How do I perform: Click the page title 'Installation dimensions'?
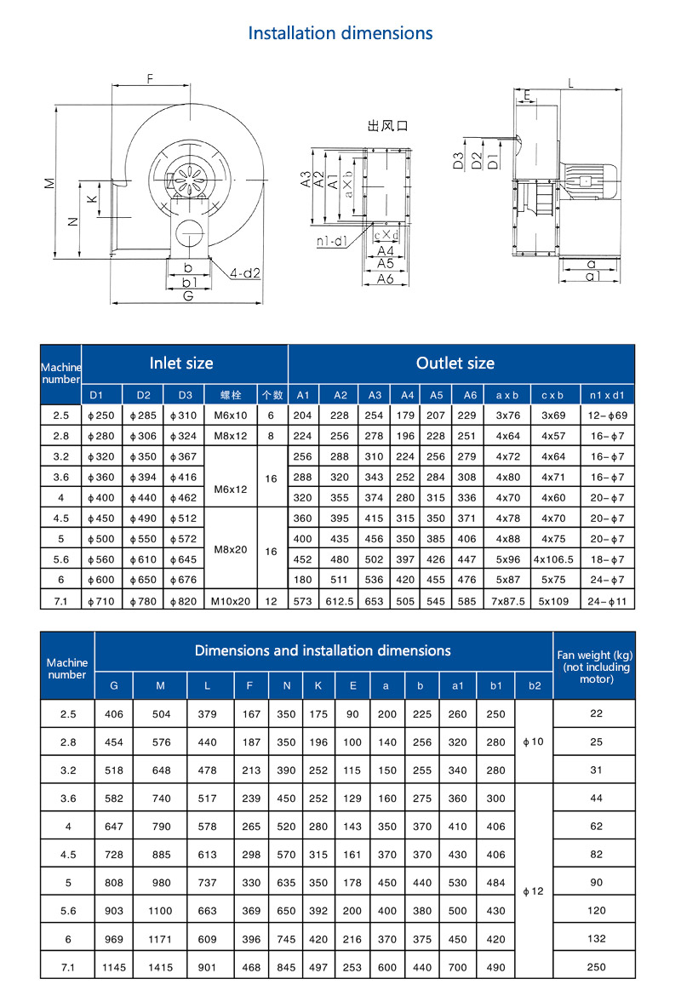point(340,33)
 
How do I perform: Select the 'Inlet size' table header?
point(181,363)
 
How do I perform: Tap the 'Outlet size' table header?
point(455,363)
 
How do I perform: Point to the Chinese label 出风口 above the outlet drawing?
point(388,126)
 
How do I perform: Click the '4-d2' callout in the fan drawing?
point(245,273)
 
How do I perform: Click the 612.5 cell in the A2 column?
point(340,600)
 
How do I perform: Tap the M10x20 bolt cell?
point(231,600)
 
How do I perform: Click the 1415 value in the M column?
point(161,967)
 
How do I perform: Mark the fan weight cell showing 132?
point(597,939)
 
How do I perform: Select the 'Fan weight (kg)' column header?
point(595,667)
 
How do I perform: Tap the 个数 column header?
point(272,395)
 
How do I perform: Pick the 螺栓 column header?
point(231,395)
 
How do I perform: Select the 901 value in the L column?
point(209,967)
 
